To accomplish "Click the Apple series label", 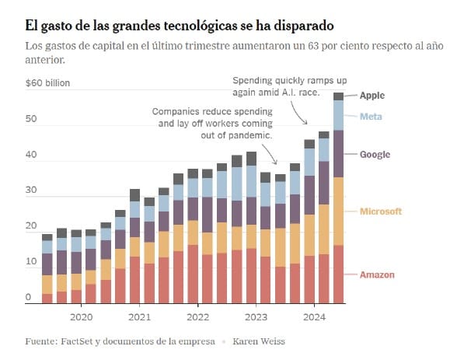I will coord(372,96).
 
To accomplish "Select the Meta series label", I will coord(369,117).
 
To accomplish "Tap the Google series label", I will coord(375,155).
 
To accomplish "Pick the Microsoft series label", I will coord(381,211).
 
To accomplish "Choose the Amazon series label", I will coord(377,275).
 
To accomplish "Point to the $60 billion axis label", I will coord(46,82).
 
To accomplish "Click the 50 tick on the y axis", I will coord(30,119).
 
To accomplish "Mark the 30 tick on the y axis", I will coord(30,191).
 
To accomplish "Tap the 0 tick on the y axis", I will coord(27,298).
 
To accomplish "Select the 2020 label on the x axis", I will coord(81,316).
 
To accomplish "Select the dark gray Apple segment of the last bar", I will coord(339,96).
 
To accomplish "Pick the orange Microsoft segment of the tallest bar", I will coord(339,211).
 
